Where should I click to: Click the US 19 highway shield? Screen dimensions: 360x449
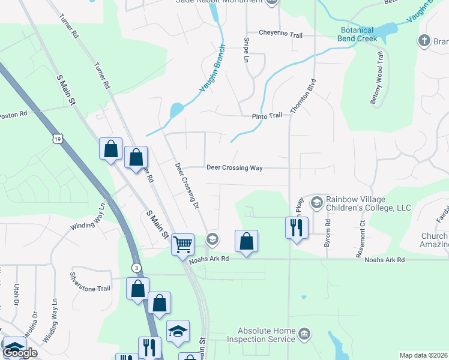58,139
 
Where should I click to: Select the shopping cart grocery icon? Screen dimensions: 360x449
182,244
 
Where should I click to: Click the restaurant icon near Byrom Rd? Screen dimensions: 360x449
297,227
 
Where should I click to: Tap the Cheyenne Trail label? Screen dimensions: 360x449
281,34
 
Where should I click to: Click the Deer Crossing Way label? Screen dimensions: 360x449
235,168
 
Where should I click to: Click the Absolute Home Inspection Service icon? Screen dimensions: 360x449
304,333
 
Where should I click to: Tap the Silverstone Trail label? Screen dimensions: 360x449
91,289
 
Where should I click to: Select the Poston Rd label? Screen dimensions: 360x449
13,114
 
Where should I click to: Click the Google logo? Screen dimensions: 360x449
20,353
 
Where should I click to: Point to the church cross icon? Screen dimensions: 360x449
424,41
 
